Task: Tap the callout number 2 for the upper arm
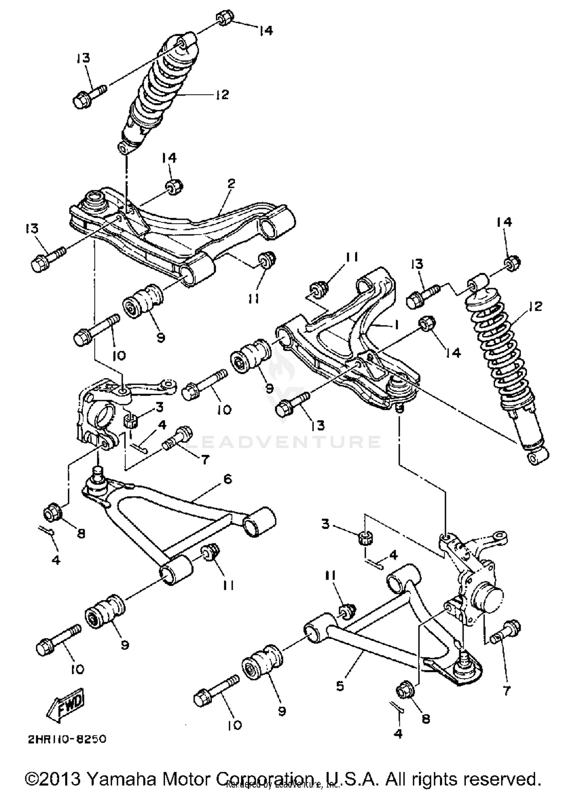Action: point(231,184)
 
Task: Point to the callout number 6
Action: point(227,479)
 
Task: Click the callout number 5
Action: point(340,686)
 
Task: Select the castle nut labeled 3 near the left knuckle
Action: point(130,420)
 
